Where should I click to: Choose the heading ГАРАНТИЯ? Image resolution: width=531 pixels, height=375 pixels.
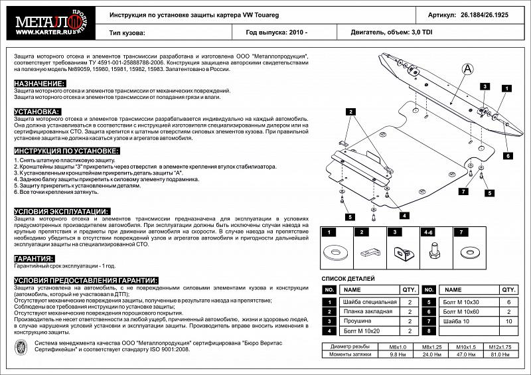click(34, 259)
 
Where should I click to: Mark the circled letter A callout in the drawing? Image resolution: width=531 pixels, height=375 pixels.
click(468, 68)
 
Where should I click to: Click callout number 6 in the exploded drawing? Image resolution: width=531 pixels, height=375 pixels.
click(506, 155)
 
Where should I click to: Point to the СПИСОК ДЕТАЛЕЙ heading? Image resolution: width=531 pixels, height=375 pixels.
click(349, 279)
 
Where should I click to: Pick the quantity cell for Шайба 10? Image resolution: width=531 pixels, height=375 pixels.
click(509, 321)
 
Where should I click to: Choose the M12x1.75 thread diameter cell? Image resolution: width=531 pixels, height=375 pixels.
click(499, 346)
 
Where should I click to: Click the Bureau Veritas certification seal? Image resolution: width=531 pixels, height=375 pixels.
click(21, 347)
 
